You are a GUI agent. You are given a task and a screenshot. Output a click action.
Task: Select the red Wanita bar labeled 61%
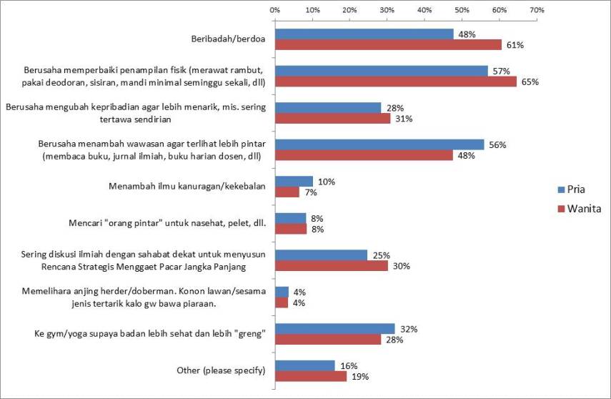389,45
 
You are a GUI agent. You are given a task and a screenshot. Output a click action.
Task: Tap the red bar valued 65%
396,82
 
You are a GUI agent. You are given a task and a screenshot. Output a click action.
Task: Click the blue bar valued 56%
379,144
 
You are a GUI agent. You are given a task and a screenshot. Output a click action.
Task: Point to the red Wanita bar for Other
311,376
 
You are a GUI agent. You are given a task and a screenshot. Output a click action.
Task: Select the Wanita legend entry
580,209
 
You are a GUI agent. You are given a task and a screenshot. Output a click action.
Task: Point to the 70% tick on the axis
537,10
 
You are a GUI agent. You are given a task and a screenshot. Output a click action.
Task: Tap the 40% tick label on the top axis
424,10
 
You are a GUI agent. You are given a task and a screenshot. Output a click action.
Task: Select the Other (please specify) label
220,370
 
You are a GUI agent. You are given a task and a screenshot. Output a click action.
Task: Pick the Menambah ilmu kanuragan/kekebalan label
187,187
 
